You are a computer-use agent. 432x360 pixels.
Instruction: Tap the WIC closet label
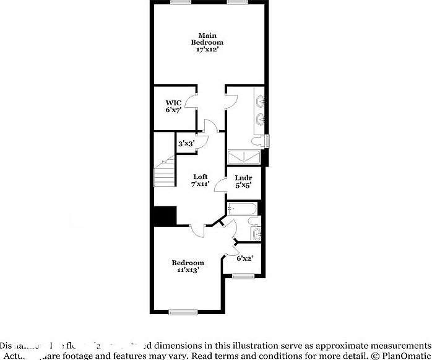172,106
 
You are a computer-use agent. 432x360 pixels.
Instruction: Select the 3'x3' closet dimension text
184,144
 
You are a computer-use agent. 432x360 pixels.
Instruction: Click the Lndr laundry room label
243,180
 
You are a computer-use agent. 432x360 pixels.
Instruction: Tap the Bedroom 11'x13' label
188,266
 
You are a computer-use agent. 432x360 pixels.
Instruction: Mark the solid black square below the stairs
165,216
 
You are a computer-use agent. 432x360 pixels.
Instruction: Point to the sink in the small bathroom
257,234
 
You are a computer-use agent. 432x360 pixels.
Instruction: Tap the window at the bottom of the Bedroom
183,312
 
